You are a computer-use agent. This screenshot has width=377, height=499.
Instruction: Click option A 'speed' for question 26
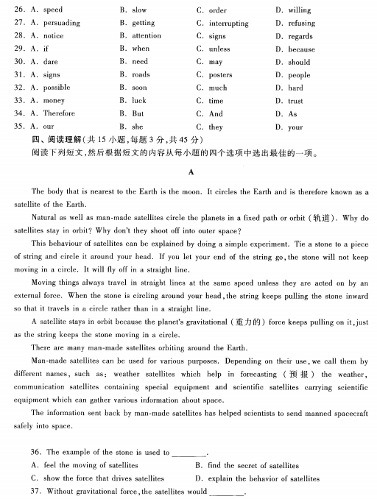point(53,10)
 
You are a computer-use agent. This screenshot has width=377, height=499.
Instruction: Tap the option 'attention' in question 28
point(147,35)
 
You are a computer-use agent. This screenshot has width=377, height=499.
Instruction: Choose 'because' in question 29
point(302,49)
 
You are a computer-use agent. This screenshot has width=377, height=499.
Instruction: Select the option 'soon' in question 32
point(139,87)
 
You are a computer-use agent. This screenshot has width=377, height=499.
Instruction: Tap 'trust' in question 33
point(295,100)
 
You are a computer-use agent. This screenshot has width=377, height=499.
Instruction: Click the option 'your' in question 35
point(295,127)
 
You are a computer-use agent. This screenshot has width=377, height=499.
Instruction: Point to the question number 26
point(20,10)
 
